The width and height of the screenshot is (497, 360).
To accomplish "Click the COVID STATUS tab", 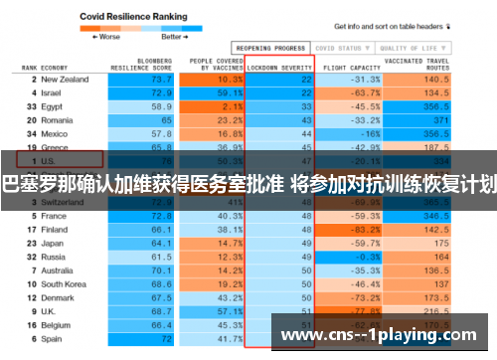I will click(x=338, y=47).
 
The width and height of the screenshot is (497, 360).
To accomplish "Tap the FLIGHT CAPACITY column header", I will click(x=343, y=67).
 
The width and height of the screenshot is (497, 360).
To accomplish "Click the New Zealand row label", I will click(x=67, y=79).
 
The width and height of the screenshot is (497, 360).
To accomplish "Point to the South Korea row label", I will click(x=65, y=283).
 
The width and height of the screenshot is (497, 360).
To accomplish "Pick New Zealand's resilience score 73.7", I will click(x=161, y=79).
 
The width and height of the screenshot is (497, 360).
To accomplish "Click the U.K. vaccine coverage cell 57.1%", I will click(x=230, y=310).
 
